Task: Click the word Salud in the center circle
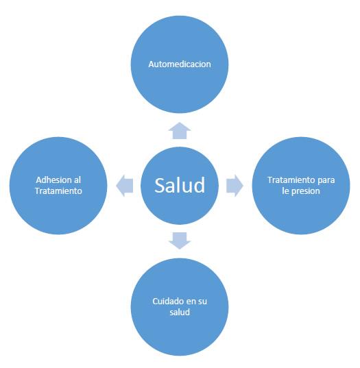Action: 180,185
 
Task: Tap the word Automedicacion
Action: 180,64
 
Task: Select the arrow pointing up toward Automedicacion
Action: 180,130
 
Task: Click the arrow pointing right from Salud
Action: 235,185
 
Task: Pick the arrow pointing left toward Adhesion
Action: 125,185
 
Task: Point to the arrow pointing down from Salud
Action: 180,239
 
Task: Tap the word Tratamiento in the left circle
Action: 58,191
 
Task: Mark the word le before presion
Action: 287,191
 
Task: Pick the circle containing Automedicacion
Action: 180,41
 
